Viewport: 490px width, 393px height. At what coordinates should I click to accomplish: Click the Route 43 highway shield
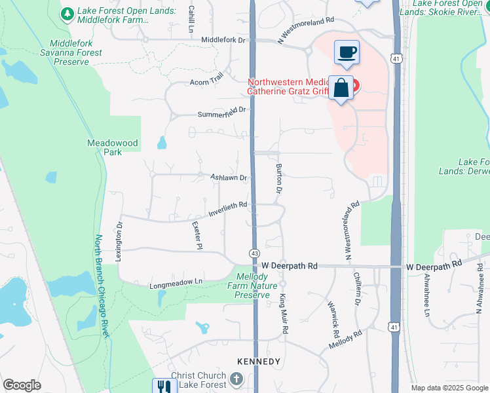(x=254, y=253)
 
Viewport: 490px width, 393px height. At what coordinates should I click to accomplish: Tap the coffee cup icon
(x=347, y=52)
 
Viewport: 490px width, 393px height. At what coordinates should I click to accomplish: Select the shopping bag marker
(x=341, y=88)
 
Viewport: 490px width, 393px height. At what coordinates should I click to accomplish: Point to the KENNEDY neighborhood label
(x=259, y=362)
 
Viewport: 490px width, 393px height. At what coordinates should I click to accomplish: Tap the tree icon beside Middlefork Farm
(x=67, y=13)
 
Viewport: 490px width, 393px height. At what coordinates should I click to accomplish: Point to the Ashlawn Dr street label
(x=229, y=178)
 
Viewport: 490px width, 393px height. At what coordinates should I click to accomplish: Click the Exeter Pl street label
(x=197, y=234)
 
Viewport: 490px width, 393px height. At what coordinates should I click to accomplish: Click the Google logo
(x=22, y=385)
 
